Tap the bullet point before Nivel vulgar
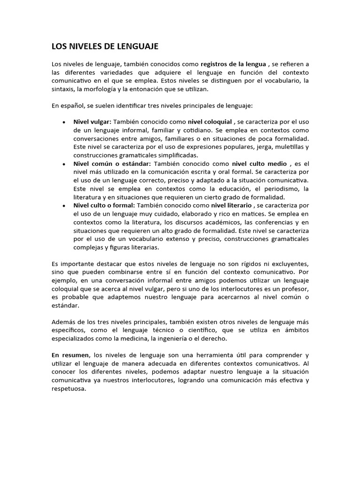(x=63, y=122)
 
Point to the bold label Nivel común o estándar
(x=112, y=163)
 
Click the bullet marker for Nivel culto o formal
(x=63, y=206)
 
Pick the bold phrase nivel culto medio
(x=259, y=163)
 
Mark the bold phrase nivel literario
(x=231, y=205)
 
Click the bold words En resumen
(x=70, y=355)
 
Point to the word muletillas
(x=290, y=147)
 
